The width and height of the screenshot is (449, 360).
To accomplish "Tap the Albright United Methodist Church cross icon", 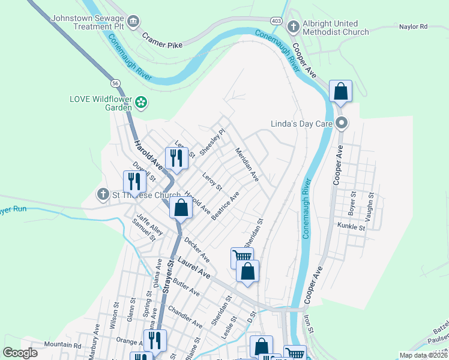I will tap(293, 26).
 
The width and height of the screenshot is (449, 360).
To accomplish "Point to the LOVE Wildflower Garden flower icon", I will tap(140, 103).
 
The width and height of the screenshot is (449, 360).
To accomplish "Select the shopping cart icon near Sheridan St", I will tap(242, 257).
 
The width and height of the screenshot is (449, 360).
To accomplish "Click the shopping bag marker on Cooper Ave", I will tap(340, 92).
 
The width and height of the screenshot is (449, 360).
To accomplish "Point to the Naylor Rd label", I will tap(413, 26).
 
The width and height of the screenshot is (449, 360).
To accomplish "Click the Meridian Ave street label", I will tap(247, 164).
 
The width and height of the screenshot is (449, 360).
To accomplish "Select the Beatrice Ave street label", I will tap(225, 205).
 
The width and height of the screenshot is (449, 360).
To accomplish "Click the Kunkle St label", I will tap(351, 227).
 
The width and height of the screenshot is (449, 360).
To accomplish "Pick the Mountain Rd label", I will tap(62, 345).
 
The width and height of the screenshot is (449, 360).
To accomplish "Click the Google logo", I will tap(20, 353).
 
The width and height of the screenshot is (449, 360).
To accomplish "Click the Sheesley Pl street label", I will tap(212, 142).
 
